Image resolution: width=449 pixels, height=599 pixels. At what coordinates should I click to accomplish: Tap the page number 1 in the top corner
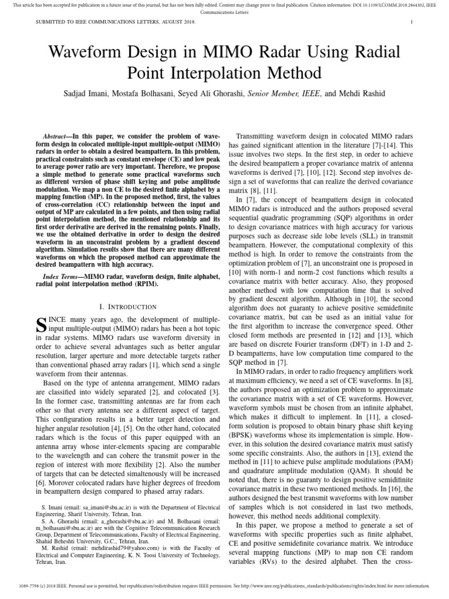412,22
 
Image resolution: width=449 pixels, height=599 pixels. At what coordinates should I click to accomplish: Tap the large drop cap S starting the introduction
42,325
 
